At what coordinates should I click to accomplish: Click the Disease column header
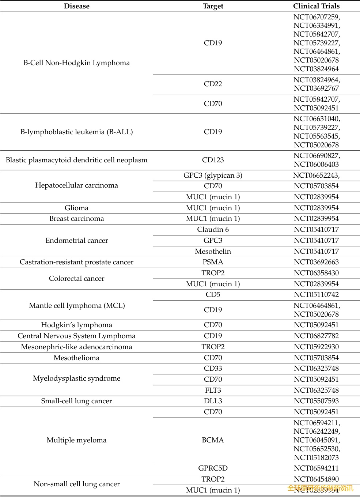click(x=76, y=6)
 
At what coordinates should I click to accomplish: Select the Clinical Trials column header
click(x=316, y=6)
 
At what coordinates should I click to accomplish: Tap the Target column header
click(x=213, y=6)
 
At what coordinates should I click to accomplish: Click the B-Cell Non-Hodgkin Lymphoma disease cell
click(x=76, y=63)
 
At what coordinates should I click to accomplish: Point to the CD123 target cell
click(x=213, y=160)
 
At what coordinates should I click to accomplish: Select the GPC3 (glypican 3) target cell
click(x=213, y=175)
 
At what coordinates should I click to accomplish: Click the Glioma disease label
click(x=76, y=208)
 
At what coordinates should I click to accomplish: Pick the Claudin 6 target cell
click(x=213, y=229)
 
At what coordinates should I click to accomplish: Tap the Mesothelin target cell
click(x=213, y=251)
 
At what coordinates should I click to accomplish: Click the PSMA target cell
click(x=213, y=262)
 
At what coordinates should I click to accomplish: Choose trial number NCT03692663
click(x=316, y=262)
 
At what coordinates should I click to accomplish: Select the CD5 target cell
click(x=213, y=294)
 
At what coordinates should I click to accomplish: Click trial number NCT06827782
click(x=316, y=336)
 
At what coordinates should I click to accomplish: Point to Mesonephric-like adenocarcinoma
click(x=76, y=347)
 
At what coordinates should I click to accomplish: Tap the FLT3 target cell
click(x=213, y=390)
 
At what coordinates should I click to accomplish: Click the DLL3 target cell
click(x=213, y=401)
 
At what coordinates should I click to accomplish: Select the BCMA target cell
click(x=213, y=440)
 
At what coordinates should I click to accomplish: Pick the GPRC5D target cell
click(x=213, y=468)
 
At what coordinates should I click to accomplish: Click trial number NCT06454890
click(x=316, y=479)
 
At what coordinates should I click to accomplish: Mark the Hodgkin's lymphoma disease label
click(x=76, y=325)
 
